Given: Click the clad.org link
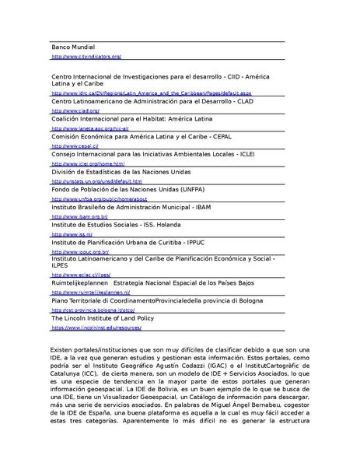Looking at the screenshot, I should pos(69,111).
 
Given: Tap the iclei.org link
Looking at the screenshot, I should pos(87,164).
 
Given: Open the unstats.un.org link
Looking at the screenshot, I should pos(96,181).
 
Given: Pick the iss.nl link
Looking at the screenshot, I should pos(72,234).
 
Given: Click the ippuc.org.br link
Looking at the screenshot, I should pos(79,252).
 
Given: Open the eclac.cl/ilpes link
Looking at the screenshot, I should pos(81,275).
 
